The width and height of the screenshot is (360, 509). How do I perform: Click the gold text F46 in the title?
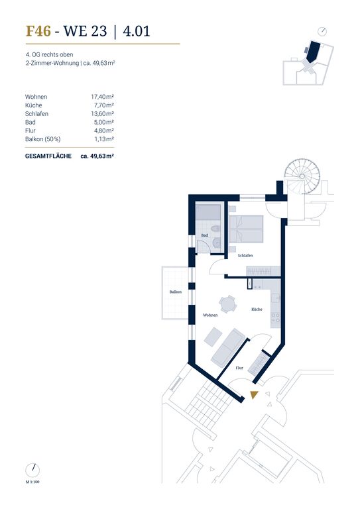[38, 31]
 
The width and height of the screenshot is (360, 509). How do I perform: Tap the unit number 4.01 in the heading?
[137, 31]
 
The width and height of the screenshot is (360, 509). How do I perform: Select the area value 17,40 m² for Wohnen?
[102, 97]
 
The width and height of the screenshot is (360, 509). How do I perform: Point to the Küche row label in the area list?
[33, 105]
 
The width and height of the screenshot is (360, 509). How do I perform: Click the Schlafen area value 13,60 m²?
[102, 113]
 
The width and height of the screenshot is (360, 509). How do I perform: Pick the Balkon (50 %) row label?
[43, 139]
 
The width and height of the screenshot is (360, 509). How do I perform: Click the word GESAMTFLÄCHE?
[48, 156]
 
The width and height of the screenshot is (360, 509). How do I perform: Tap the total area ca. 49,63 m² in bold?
[97, 156]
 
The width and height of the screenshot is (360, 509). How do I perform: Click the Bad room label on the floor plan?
[204, 235]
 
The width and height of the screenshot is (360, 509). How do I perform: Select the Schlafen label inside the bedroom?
[245, 256]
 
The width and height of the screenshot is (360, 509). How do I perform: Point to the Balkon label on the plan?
[176, 292]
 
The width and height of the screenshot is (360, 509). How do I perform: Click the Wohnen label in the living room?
[210, 315]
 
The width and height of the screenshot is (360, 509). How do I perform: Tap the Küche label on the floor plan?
[257, 310]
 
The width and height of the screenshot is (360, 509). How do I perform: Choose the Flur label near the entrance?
[239, 368]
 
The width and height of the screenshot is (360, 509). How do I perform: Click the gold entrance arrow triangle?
[254, 395]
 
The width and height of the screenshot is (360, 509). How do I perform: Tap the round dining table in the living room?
[227, 304]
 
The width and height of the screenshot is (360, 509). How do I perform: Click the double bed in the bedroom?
[246, 229]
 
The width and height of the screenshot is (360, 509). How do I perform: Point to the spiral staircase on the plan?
[302, 176]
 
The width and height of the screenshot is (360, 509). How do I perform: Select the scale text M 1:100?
[32, 482]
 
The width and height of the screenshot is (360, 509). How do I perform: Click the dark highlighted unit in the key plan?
[313, 52]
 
